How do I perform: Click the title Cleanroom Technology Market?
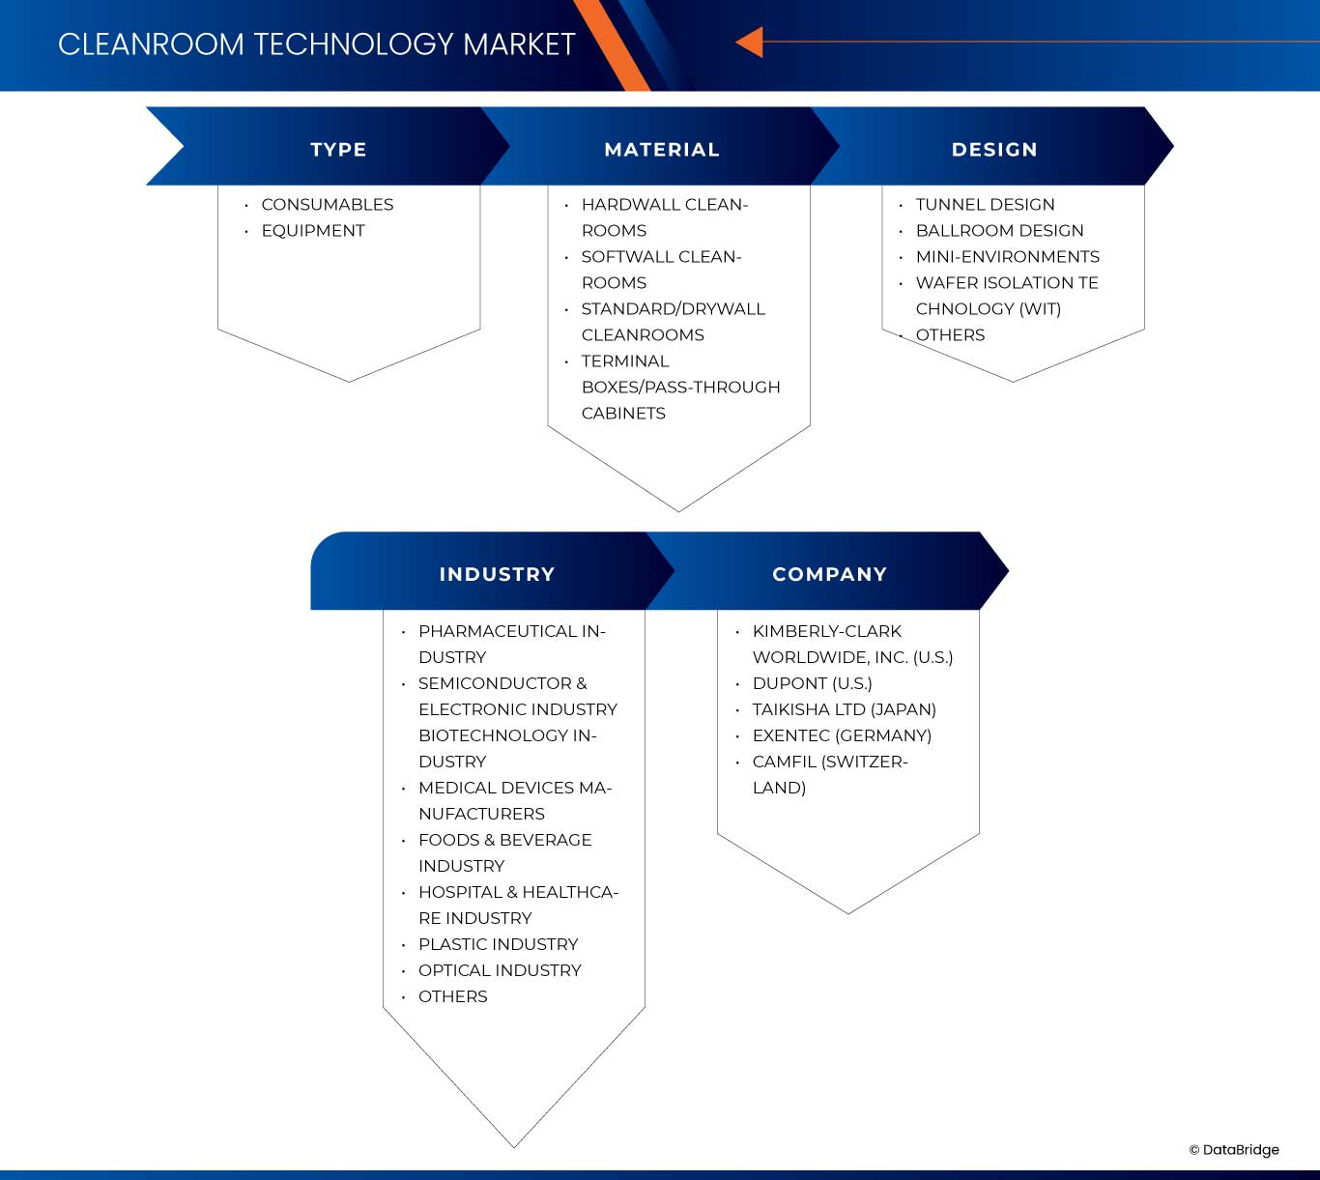pyautogui.click(x=316, y=44)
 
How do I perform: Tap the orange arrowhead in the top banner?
pyautogui.click(x=750, y=43)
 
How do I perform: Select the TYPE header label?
pyautogui.click(x=338, y=150)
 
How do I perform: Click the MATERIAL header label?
pyautogui.click(x=662, y=150)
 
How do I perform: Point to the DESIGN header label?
pyautogui.click(x=994, y=150)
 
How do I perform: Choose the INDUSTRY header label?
pyautogui.click(x=497, y=574)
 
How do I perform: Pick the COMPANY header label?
pyautogui.click(x=829, y=574)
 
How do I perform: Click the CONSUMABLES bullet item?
pyautogui.click(x=327, y=205)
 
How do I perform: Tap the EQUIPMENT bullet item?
pyautogui.click(x=313, y=231)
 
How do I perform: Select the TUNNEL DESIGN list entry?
pyautogui.click(x=985, y=205)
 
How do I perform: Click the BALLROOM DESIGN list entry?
pyautogui.click(x=999, y=231)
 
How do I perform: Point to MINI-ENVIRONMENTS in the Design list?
pyautogui.click(x=1007, y=257)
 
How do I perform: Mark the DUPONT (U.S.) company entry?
pyautogui.click(x=812, y=683)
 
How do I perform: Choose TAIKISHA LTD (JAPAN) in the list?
pyautogui.click(x=844, y=709)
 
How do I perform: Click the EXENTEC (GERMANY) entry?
pyautogui.click(x=842, y=735)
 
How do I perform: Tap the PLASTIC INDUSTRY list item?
pyautogui.click(x=498, y=944)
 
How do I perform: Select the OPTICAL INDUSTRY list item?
pyautogui.click(x=500, y=970)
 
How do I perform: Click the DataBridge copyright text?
pyautogui.click(x=1234, y=1150)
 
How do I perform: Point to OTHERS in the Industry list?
pyautogui.click(x=452, y=996)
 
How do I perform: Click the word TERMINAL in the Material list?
pyautogui.click(x=624, y=361)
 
